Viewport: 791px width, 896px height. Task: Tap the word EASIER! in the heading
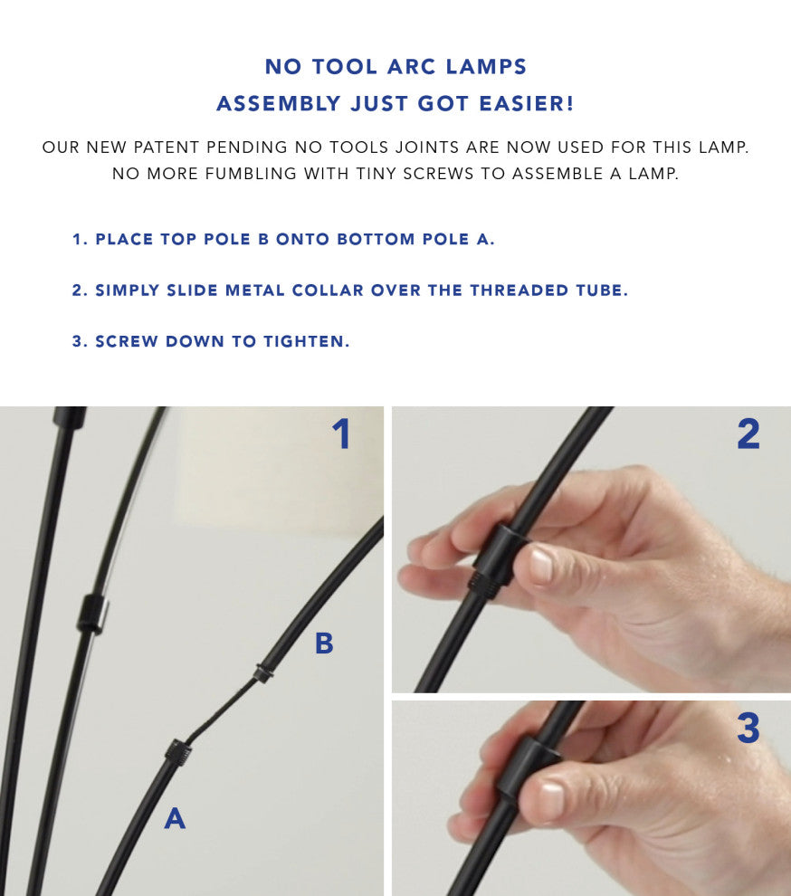pos(526,103)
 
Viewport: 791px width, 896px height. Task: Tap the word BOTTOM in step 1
pos(376,240)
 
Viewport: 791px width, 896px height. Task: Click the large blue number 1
pos(341,434)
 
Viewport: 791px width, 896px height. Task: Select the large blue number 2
pos(748,434)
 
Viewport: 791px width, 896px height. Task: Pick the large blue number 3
pos(748,728)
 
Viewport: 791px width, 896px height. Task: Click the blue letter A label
pos(175,818)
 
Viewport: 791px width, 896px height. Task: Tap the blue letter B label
pos(324,643)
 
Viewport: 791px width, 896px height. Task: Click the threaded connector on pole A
pos(177,753)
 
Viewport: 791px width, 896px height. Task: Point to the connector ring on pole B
pos(262,672)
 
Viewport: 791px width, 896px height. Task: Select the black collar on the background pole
pos(92,612)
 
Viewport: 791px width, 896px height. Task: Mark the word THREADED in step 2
pos(519,291)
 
